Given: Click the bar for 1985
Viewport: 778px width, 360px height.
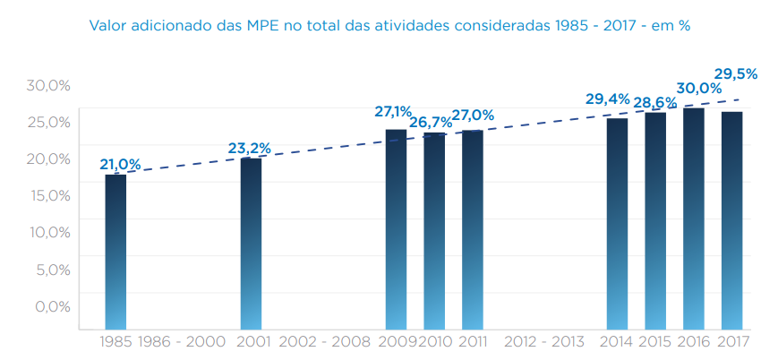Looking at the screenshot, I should pyautogui.click(x=115, y=252).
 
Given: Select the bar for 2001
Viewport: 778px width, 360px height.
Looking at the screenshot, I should pyautogui.click(x=251, y=244).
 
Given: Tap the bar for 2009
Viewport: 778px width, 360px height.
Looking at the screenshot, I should pyautogui.click(x=396, y=229).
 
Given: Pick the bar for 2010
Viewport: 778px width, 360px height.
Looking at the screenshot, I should pyautogui.click(x=434, y=231).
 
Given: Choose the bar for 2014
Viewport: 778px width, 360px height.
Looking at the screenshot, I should pyautogui.click(x=617, y=224).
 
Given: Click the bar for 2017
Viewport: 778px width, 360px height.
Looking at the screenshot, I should pyautogui.click(x=731, y=220).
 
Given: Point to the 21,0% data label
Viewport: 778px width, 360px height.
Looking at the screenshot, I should pyautogui.click(x=120, y=164).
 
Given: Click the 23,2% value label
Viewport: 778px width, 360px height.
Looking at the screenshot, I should pyautogui.click(x=249, y=148).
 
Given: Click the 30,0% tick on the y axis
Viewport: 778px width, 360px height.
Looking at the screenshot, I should pyautogui.click(x=48, y=85).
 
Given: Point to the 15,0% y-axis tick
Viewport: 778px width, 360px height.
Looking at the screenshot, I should pyautogui.click(x=48, y=195).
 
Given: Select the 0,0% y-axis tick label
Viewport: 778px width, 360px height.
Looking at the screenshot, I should pyautogui.click(x=52, y=306).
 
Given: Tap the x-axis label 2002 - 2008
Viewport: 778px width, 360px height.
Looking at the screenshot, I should pyautogui.click(x=324, y=341).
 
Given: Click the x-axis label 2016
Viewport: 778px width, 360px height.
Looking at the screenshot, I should pyautogui.click(x=693, y=341).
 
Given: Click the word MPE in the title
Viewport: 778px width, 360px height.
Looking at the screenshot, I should pyautogui.click(x=263, y=26).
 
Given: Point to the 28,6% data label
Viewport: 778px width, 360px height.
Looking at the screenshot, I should pyautogui.click(x=655, y=103).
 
